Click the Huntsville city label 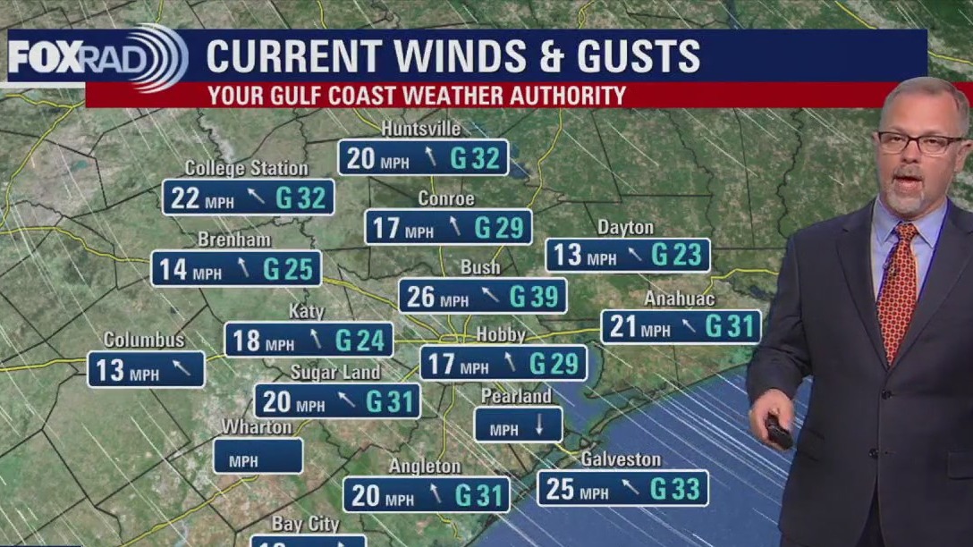tap(421, 129)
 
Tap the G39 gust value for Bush tap(534, 297)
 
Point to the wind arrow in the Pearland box tap(538, 426)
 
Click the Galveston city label tap(621, 459)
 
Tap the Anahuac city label tap(680, 299)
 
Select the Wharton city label tap(257, 427)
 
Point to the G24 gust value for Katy tap(360, 341)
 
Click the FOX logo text tap(45, 57)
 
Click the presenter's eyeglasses tap(921, 142)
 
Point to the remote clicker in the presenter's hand tap(778, 433)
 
